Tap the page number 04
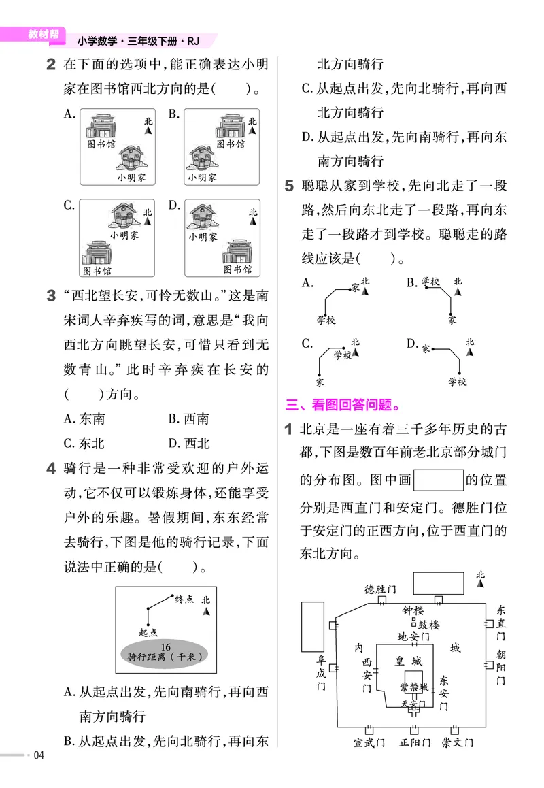tap(38, 755)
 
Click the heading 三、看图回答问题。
tap(341, 405)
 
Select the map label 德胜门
tap(380, 589)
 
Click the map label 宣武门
tap(369, 742)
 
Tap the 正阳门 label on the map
tap(415, 742)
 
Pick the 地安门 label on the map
tap(413, 637)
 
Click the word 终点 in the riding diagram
tap(184, 599)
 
